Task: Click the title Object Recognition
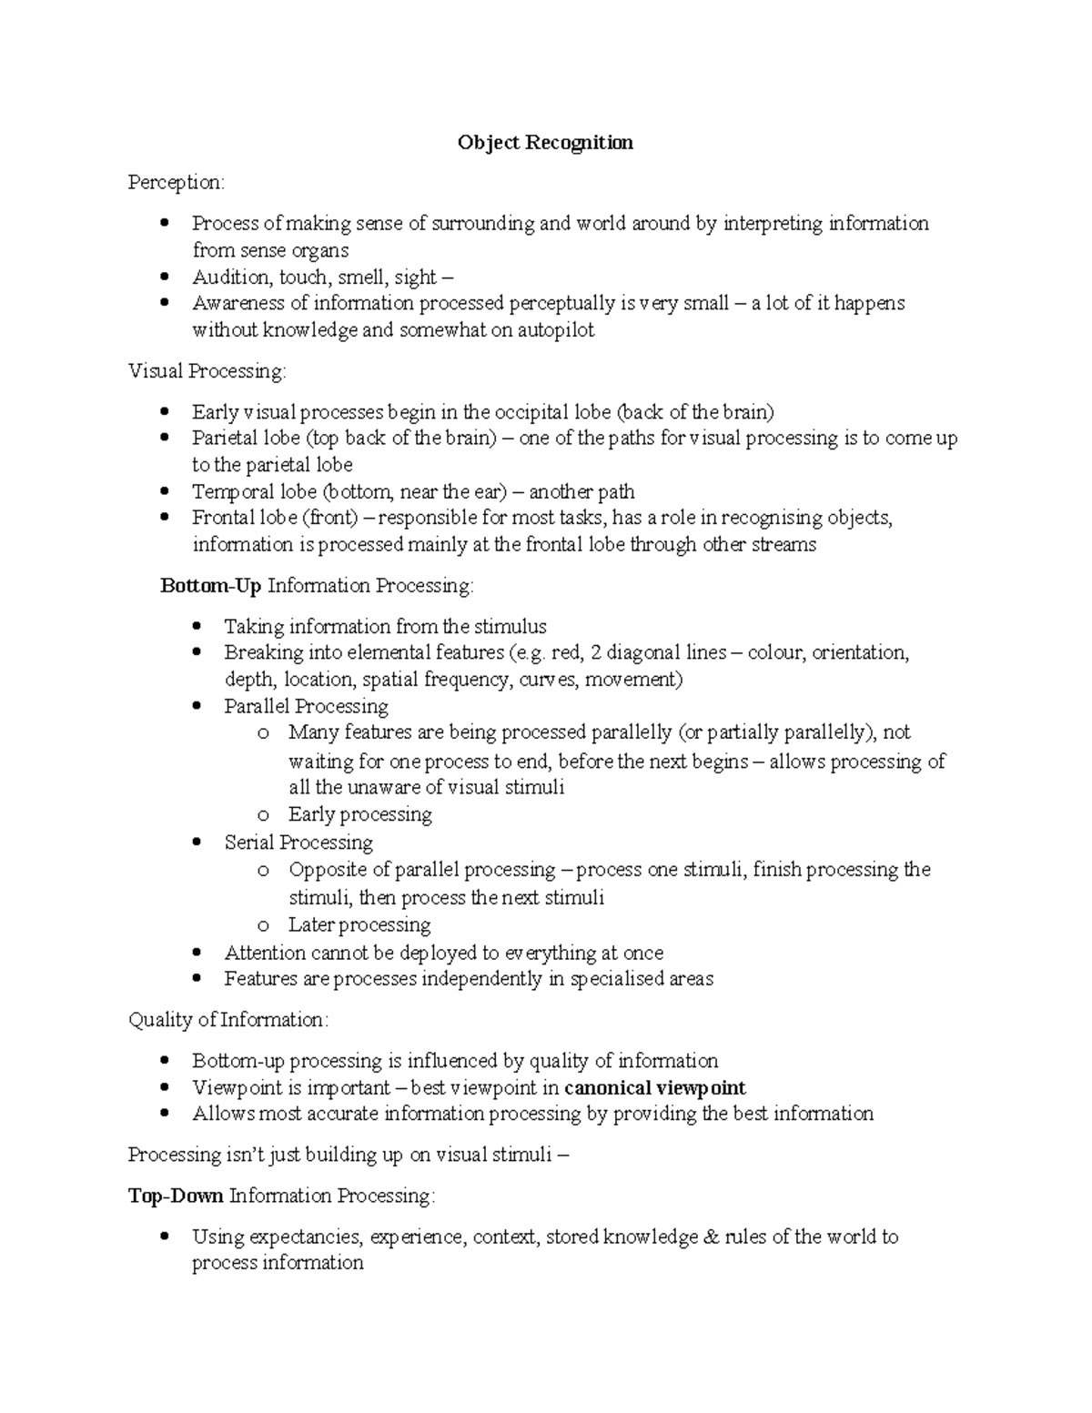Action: tap(545, 143)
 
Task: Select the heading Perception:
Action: tap(176, 183)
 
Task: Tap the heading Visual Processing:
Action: tap(207, 371)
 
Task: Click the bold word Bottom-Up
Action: tap(210, 586)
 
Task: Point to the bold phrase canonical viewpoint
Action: tap(654, 1088)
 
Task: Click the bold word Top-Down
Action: tap(176, 1196)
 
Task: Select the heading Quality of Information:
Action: tap(227, 1020)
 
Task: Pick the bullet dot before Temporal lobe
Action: tap(164, 492)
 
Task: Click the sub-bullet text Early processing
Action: tap(359, 814)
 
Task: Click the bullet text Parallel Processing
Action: tap(306, 707)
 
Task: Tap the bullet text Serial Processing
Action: tap(298, 843)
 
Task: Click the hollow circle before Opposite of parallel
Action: tap(263, 871)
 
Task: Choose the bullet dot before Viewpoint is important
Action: tap(164, 1088)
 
